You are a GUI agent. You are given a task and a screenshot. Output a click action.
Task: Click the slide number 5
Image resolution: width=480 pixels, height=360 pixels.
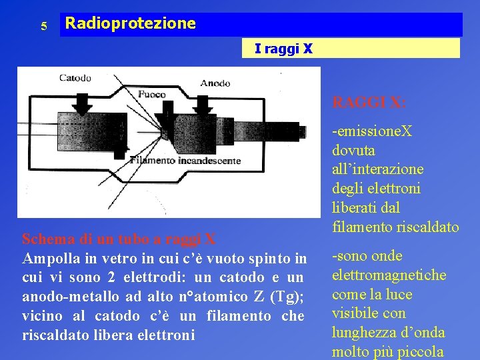pyautogui.click(x=43, y=27)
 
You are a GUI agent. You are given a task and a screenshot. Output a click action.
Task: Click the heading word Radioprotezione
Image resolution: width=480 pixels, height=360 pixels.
pyautogui.click(x=131, y=24)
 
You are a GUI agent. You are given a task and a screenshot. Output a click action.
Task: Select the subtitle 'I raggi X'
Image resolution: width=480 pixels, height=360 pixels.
pyautogui.click(x=283, y=49)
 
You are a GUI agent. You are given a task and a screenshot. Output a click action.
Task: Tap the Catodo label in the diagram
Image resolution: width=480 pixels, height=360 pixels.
pyautogui.click(x=75, y=78)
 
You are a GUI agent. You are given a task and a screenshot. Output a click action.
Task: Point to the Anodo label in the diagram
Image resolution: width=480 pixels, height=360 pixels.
pyautogui.click(x=215, y=83)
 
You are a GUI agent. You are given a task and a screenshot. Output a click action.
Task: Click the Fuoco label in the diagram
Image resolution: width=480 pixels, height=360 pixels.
pyautogui.click(x=152, y=94)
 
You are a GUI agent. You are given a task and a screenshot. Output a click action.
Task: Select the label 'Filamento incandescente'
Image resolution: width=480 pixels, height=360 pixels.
pyautogui.click(x=185, y=160)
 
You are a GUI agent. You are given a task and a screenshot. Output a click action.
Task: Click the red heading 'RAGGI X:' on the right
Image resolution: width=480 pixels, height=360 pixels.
pyautogui.click(x=368, y=103)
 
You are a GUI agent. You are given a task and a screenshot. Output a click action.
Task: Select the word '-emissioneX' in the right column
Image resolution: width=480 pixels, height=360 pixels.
pyautogui.click(x=372, y=131)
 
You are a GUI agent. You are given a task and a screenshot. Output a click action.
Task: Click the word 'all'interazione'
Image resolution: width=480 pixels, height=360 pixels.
pyautogui.click(x=377, y=169)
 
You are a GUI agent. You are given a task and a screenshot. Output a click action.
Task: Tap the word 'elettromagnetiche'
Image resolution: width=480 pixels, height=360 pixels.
pyautogui.click(x=389, y=275)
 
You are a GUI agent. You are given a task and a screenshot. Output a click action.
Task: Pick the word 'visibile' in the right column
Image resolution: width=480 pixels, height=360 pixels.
pyautogui.click(x=356, y=313)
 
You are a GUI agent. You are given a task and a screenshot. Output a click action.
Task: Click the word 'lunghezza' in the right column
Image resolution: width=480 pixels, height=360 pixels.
pyautogui.click(x=364, y=333)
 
